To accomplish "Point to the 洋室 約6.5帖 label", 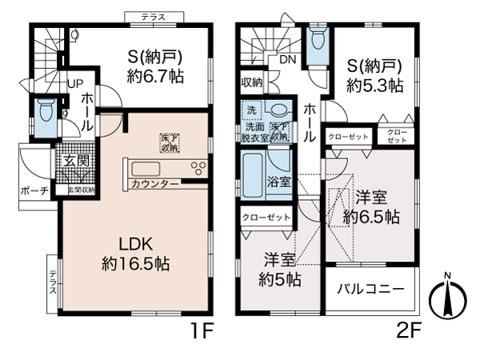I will click(x=371, y=206).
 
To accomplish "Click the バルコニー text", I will click(x=370, y=288).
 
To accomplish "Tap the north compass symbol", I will click(x=447, y=301).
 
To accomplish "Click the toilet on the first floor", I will click(x=45, y=110).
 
